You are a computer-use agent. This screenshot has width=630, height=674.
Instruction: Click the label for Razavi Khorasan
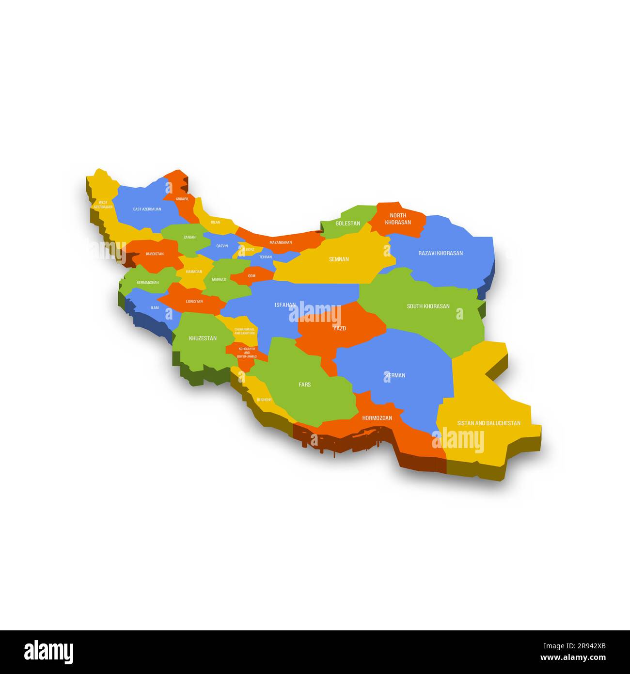(441, 253)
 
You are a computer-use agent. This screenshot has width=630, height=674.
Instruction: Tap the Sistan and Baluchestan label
(488, 423)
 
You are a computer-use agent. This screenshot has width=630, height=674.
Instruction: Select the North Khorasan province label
(398, 219)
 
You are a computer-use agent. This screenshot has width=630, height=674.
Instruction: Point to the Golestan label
(347, 224)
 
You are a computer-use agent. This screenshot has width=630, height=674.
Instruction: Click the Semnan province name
(339, 259)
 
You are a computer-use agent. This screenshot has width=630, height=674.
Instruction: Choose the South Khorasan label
(428, 306)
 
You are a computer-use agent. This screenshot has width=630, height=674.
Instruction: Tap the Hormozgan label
(377, 418)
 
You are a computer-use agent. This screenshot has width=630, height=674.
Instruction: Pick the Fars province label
(304, 385)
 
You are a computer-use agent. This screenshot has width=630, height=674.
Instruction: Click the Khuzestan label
(203, 338)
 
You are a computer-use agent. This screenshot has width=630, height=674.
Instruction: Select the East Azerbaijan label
(147, 209)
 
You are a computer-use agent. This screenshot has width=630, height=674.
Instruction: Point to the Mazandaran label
(281, 242)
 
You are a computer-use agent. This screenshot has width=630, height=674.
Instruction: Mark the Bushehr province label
(264, 400)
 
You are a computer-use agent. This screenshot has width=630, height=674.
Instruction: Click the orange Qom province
(252, 275)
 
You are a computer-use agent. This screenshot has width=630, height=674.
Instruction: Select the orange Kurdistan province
(155, 254)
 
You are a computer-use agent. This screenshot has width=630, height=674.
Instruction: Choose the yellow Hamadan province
(194, 272)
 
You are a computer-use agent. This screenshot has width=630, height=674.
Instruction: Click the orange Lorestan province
(194, 302)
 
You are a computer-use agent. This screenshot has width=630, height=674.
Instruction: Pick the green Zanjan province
(189, 237)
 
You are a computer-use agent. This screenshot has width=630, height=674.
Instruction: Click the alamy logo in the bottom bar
(48, 652)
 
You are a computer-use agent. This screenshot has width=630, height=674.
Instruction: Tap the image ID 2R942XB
(583, 646)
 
